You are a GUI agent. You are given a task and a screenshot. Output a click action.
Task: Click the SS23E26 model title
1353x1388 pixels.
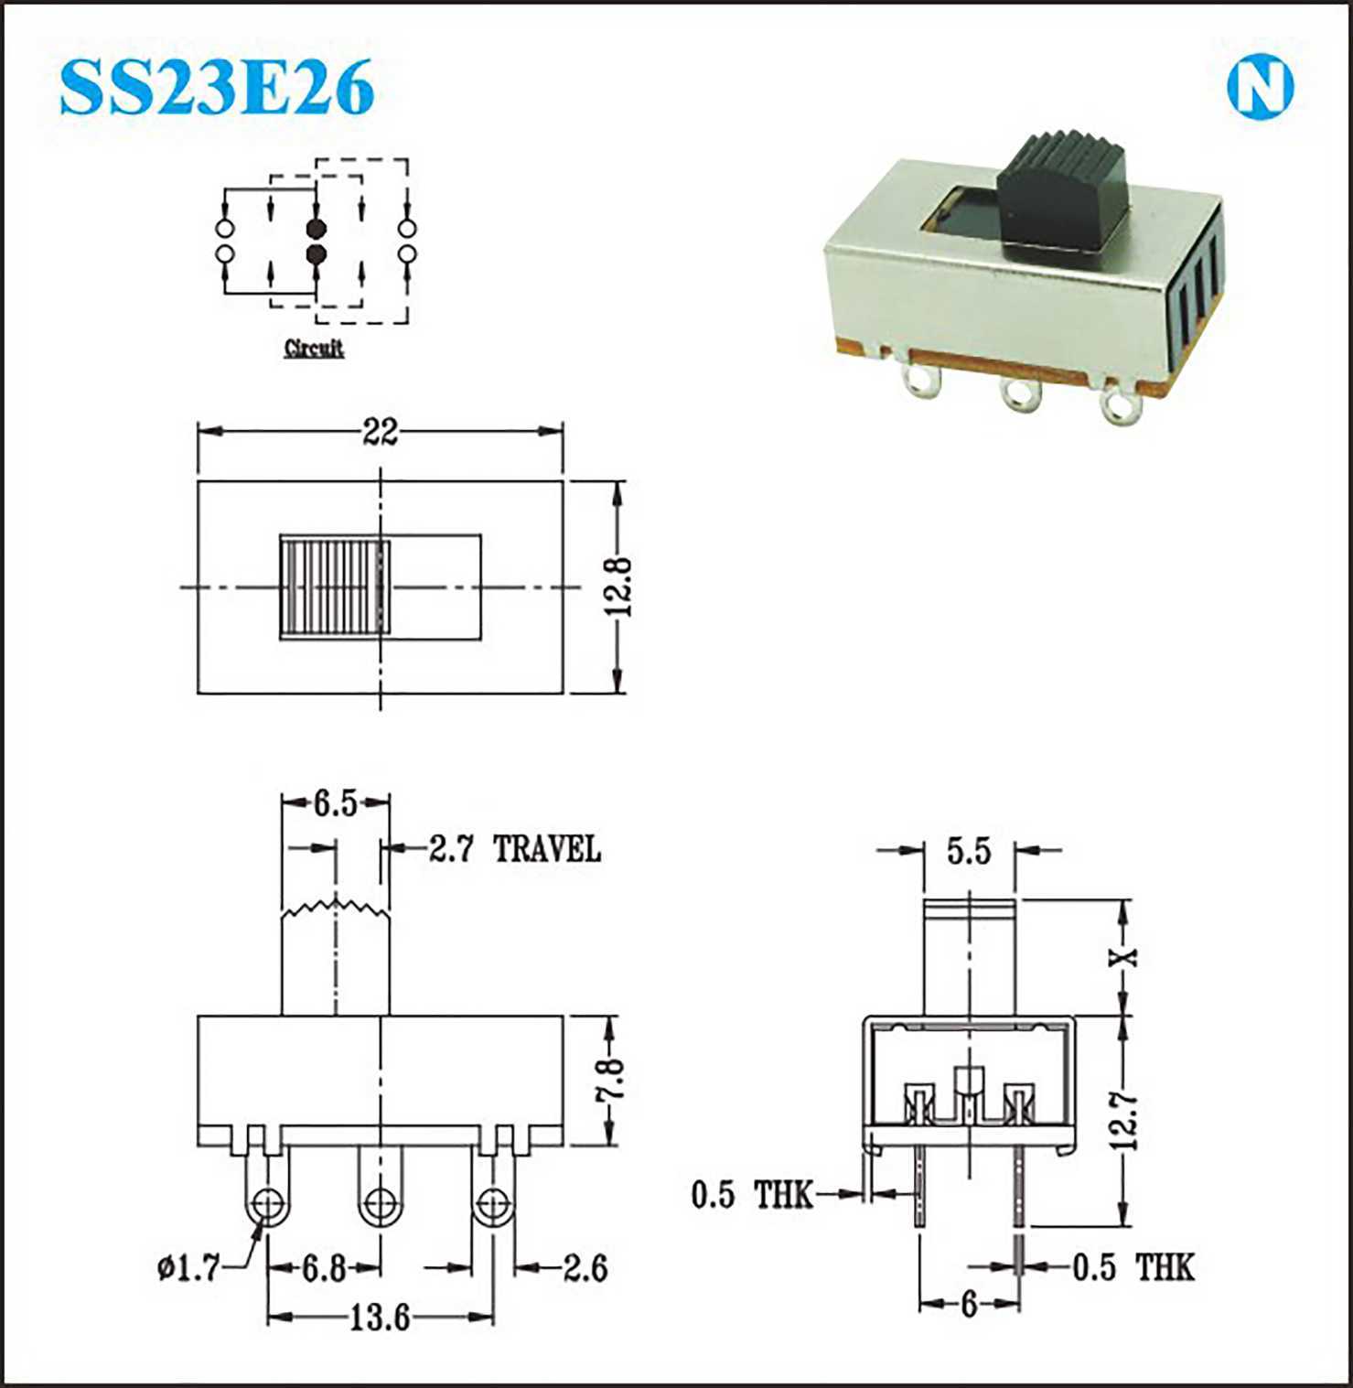(217, 87)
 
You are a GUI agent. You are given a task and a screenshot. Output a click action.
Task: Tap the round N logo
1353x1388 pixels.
(1260, 88)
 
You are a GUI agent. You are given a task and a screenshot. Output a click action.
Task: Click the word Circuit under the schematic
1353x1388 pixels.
(314, 348)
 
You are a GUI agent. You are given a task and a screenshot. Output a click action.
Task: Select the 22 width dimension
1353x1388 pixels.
(380, 431)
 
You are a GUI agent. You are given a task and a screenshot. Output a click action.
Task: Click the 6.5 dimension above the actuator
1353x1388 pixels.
(336, 803)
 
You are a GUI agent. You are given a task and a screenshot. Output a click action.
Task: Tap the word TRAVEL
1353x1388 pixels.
(547, 849)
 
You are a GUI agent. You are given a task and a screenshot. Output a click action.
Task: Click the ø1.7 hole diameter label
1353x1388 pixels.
(188, 1268)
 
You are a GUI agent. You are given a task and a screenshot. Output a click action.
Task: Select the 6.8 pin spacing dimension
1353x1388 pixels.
(324, 1268)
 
